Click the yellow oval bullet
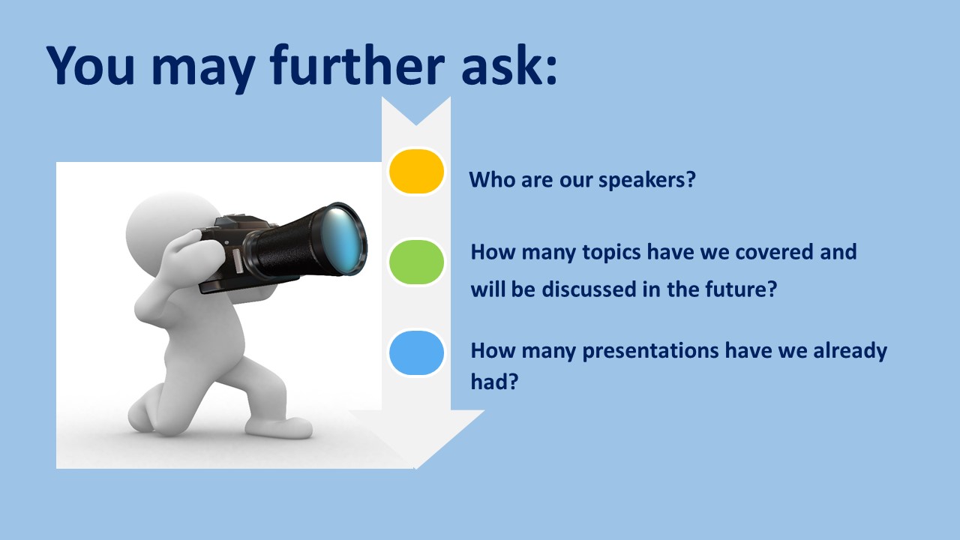(x=416, y=172)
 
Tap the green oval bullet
(x=416, y=262)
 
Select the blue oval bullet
(x=416, y=353)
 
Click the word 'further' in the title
(x=356, y=65)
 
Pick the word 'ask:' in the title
(x=508, y=65)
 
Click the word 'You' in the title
(x=91, y=65)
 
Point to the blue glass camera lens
(x=342, y=239)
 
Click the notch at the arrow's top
(x=415, y=124)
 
